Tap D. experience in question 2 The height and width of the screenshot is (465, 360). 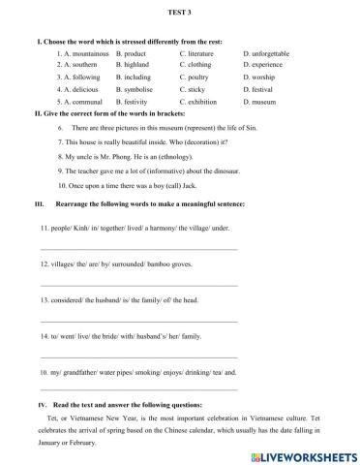[x=265, y=64]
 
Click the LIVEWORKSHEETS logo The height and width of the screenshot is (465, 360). [x=308, y=453]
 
